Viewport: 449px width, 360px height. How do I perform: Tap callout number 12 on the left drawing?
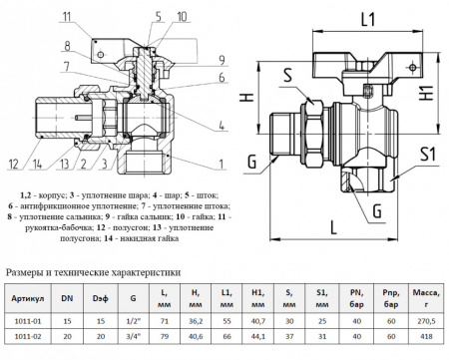click(x=13, y=164)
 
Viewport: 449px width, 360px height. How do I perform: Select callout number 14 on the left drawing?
click(x=37, y=164)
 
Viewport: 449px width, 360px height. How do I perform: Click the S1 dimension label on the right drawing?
click(x=428, y=155)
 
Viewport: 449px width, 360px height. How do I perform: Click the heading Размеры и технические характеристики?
click(x=93, y=270)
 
